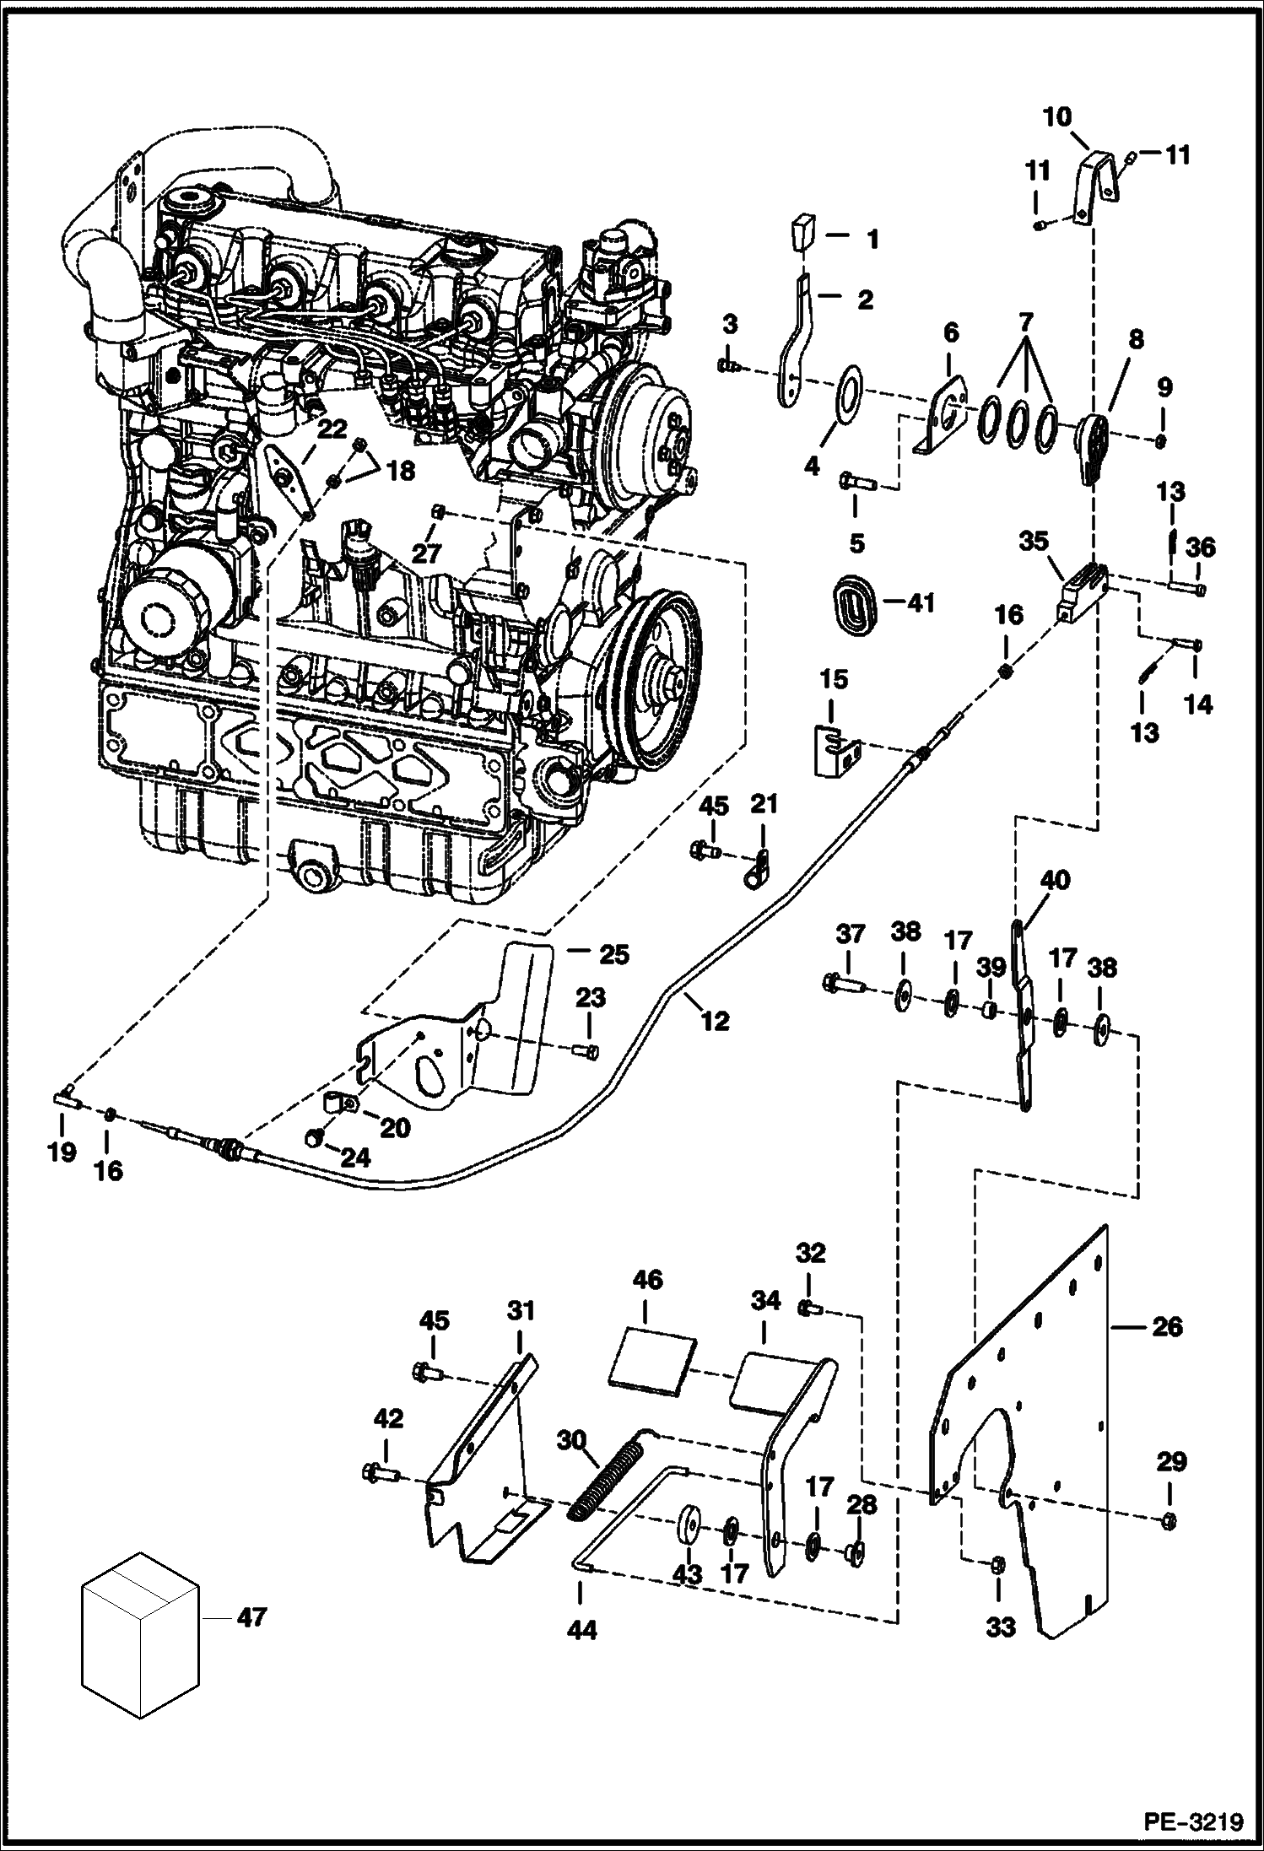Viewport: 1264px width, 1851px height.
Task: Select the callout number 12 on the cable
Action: [x=715, y=1022]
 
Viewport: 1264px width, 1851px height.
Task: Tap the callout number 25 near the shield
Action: [x=613, y=955]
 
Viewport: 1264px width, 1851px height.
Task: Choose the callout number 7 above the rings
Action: [x=1025, y=321]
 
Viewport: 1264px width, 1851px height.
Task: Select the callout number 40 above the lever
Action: [x=1055, y=881]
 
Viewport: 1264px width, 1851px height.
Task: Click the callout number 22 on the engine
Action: [x=332, y=429]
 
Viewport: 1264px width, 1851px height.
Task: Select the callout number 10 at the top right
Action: [x=1056, y=116]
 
